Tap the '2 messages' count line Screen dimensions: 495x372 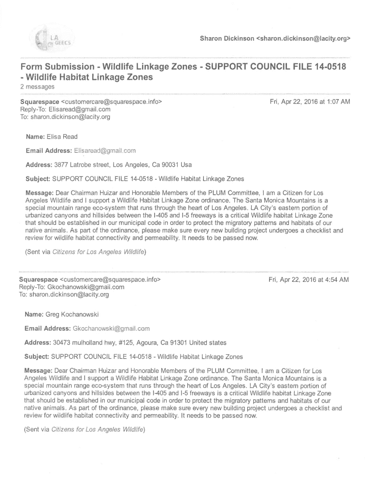[x=37, y=87]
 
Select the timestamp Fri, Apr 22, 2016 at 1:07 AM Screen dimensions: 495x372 [x=309, y=102]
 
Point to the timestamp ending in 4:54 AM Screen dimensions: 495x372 [x=309, y=279]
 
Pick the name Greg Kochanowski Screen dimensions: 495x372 [x=72, y=315]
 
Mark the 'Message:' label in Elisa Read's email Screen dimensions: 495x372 [x=40, y=193]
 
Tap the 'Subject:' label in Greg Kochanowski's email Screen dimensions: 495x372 [x=37, y=357]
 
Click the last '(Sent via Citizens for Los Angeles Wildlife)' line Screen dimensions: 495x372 [x=85, y=429]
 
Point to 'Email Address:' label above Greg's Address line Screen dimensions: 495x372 [x=47, y=329]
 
